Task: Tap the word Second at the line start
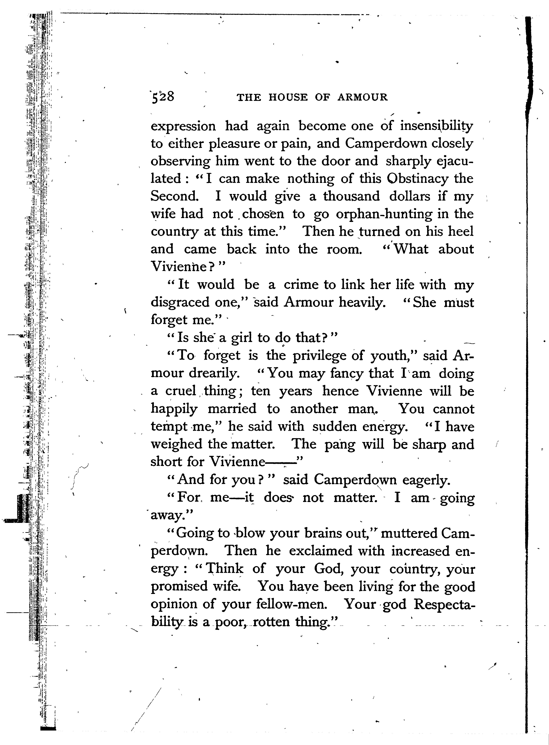pos(174,196)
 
